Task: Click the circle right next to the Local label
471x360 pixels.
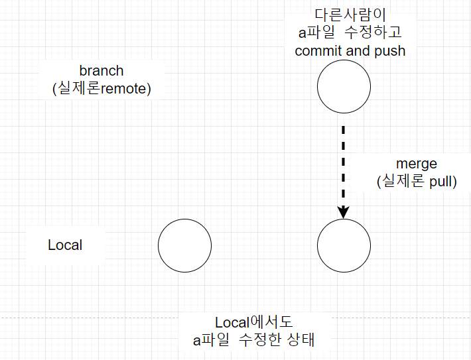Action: click(184, 245)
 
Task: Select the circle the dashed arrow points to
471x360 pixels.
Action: click(344, 245)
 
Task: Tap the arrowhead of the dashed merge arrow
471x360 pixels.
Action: click(344, 212)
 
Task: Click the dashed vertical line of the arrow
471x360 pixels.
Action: click(344, 166)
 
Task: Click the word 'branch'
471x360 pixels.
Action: click(101, 71)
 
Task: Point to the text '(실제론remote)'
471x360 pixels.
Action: click(101, 89)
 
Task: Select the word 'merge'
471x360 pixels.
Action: click(417, 163)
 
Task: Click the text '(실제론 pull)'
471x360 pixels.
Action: click(417, 181)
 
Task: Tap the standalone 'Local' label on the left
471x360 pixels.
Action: click(65, 245)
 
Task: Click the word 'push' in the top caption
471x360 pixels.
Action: click(390, 50)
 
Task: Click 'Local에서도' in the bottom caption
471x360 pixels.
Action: click(254, 323)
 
